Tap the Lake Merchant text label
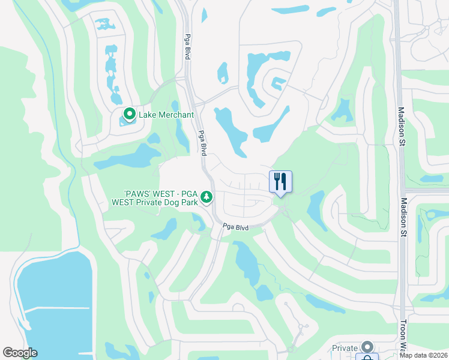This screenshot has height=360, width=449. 166,115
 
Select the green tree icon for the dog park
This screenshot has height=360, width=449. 206,197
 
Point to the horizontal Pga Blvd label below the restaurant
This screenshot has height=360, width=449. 235,227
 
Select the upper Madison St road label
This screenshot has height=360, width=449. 402,127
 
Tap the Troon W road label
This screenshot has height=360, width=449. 403,337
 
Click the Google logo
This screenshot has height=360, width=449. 20,353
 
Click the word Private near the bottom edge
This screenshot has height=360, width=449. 345,348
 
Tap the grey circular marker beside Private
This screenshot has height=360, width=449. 367,347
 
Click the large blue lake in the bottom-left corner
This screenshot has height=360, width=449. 48,306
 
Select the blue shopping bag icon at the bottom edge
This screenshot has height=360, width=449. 367,358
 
